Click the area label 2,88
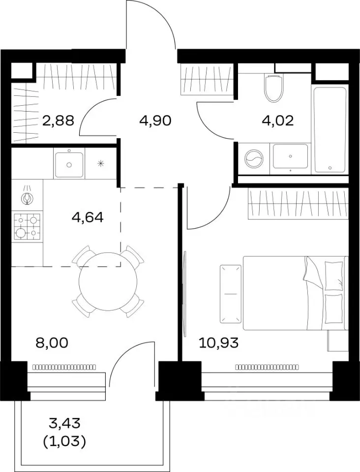tap(59, 121)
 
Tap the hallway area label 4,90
tap(155, 121)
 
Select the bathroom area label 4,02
tap(277, 121)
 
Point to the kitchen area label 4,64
tap(88, 217)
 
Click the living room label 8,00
tap(52, 343)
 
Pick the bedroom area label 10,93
tap(219, 343)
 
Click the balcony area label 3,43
tap(65, 424)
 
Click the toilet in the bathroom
tap(274, 87)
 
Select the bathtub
tap(330, 130)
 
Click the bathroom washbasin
tap(291, 156)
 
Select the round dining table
tap(108, 281)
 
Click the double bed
tap(295, 293)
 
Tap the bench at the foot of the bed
tap(231, 294)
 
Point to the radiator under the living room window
tap(64, 367)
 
